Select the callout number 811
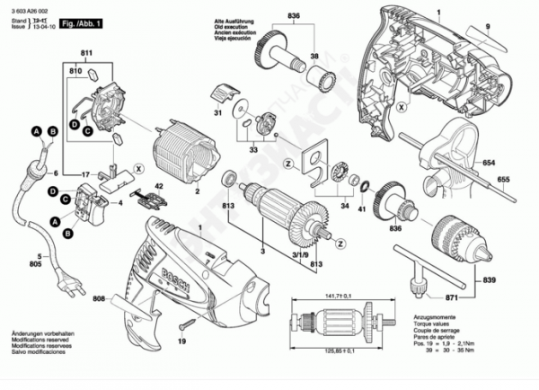[86, 56]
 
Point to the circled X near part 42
[138, 167]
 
